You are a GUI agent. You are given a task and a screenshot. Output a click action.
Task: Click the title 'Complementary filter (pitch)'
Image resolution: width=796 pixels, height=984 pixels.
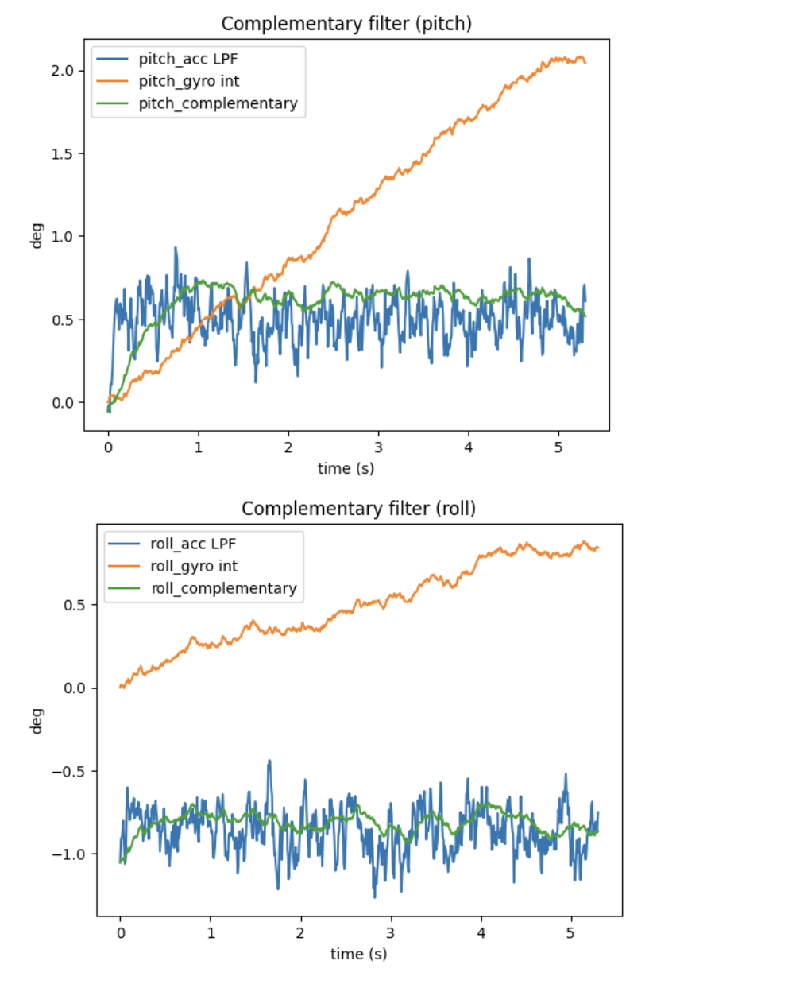346,24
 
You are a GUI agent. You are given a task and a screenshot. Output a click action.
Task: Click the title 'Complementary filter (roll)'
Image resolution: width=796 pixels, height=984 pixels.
358,509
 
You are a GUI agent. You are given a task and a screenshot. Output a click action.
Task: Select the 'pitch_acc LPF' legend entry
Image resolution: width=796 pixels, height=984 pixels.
187,59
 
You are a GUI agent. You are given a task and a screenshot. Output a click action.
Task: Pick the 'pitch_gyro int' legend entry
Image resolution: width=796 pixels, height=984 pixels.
189,81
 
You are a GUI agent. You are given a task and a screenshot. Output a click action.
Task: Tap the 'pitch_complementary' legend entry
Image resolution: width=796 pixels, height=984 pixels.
218,103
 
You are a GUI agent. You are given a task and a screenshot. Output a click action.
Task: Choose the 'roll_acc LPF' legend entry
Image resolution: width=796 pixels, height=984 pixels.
193,544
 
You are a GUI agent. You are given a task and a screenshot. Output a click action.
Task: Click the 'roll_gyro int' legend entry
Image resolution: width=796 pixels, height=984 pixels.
194,566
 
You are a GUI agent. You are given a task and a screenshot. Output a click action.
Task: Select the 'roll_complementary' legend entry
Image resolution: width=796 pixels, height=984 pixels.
223,588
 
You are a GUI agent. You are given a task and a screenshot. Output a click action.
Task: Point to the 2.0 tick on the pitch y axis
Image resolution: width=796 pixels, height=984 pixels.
62,71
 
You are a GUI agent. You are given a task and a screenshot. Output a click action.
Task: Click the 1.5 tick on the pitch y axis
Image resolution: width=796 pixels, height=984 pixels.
62,153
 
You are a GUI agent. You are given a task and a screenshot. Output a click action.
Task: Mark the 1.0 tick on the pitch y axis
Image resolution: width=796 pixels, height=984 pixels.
62,237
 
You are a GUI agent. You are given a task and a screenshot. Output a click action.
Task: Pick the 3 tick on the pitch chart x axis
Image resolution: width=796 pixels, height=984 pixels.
378,447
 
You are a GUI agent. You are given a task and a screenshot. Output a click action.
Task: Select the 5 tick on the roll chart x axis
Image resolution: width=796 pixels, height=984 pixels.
570,933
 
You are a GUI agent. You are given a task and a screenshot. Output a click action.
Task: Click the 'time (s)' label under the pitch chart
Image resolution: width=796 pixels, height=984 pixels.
346,468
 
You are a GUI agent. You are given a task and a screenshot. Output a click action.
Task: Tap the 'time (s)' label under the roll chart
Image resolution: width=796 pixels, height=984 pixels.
358,954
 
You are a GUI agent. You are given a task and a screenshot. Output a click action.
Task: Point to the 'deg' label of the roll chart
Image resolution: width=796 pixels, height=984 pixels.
37,720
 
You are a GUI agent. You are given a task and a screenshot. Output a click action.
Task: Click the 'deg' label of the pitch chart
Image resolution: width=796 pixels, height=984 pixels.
37,235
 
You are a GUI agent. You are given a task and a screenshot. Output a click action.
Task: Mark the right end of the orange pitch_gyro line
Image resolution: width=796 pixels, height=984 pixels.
585,63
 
